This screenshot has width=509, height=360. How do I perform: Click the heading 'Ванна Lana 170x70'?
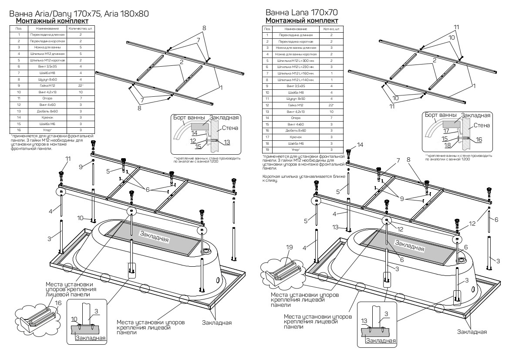pos(301,12)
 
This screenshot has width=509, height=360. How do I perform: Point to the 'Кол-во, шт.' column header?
pos(332,29)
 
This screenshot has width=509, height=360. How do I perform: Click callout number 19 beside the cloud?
pos(289,247)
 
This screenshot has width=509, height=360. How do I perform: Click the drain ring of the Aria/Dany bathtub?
pos(206,251)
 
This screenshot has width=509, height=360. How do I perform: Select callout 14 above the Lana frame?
pos(360,145)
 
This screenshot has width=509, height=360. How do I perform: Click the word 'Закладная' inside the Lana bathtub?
pos(409,246)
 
